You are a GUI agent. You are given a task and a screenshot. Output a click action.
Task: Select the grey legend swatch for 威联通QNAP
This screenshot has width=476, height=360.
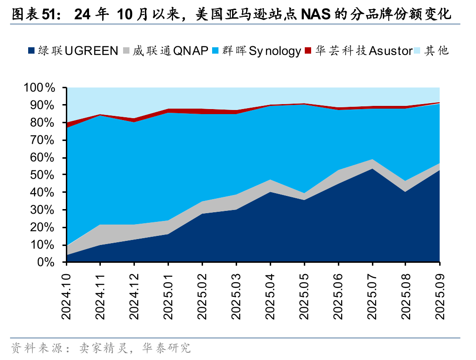(x=127, y=50)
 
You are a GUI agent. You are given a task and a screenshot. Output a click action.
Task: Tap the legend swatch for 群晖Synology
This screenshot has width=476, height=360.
(x=216, y=50)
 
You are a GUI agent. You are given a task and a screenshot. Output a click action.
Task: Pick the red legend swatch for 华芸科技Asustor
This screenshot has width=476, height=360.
(x=308, y=50)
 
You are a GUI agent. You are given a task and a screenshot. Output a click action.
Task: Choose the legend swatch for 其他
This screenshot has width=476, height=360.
(x=418, y=50)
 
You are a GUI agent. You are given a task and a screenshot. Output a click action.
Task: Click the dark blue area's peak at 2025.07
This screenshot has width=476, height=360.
(x=372, y=169)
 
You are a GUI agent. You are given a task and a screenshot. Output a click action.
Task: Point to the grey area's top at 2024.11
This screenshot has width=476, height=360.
(x=100, y=225)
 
